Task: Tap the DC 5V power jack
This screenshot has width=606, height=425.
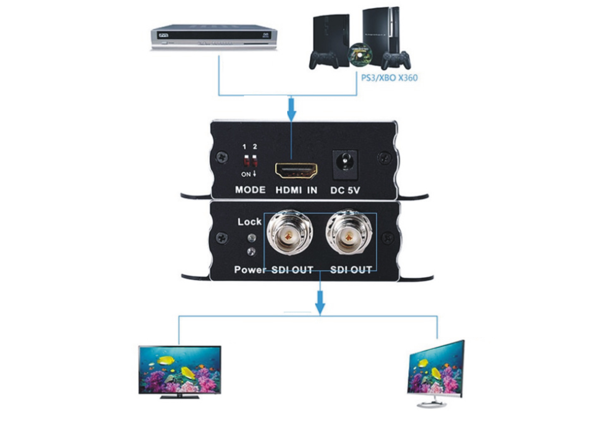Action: pyautogui.click(x=345, y=165)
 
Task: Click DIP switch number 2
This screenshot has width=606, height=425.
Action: pyautogui.click(x=254, y=161)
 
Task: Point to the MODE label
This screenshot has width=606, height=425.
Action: pyautogui.click(x=250, y=190)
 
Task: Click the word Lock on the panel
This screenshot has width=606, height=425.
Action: pyautogui.click(x=249, y=222)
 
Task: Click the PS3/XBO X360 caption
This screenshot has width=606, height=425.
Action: pyautogui.click(x=389, y=78)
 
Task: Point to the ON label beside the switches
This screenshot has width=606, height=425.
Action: pyautogui.click(x=246, y=174)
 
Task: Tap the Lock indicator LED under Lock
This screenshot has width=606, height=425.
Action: pyautogui.click(x=252, y=238)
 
